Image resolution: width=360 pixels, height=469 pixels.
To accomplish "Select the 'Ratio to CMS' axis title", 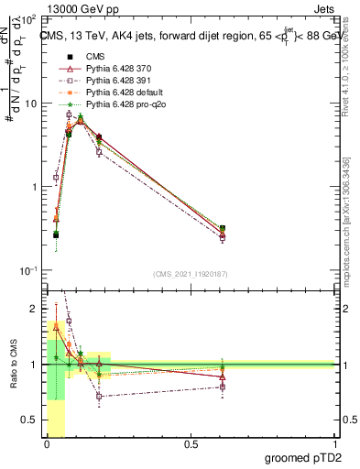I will coord(12,365).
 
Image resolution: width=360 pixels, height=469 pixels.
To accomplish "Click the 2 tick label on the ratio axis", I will coord(37,309).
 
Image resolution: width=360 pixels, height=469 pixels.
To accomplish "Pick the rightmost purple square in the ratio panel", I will coord(223,387).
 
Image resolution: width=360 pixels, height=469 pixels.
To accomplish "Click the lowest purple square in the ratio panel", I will coord(99,397).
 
